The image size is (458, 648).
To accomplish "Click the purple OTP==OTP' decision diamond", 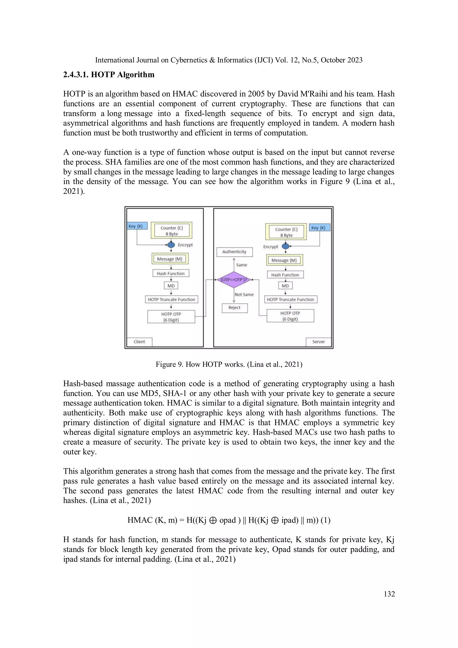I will coord(234,280).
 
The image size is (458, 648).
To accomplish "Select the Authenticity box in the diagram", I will coord(234,252).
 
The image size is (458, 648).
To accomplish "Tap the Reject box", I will coord(235,308).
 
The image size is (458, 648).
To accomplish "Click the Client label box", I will coord(139,342).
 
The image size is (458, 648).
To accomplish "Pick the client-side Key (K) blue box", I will coord(137,226).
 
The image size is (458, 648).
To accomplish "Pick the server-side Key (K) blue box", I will coord(319,228).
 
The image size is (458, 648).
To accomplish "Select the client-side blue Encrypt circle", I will coord(171,245).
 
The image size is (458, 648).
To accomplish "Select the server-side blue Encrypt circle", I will coord(286,246).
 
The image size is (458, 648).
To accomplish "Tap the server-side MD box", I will coord(285,286).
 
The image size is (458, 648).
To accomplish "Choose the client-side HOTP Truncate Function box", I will coord(171,300).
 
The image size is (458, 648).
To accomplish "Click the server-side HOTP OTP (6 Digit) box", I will coord(290,316).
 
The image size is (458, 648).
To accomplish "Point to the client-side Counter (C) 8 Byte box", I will coord(172,231).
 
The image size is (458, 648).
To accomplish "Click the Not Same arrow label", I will coord(244,294).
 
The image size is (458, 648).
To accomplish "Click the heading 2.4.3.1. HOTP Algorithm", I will coord(109,75).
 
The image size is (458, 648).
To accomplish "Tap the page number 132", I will coord(389,594).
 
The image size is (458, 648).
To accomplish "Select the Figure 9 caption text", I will coord(229,364).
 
